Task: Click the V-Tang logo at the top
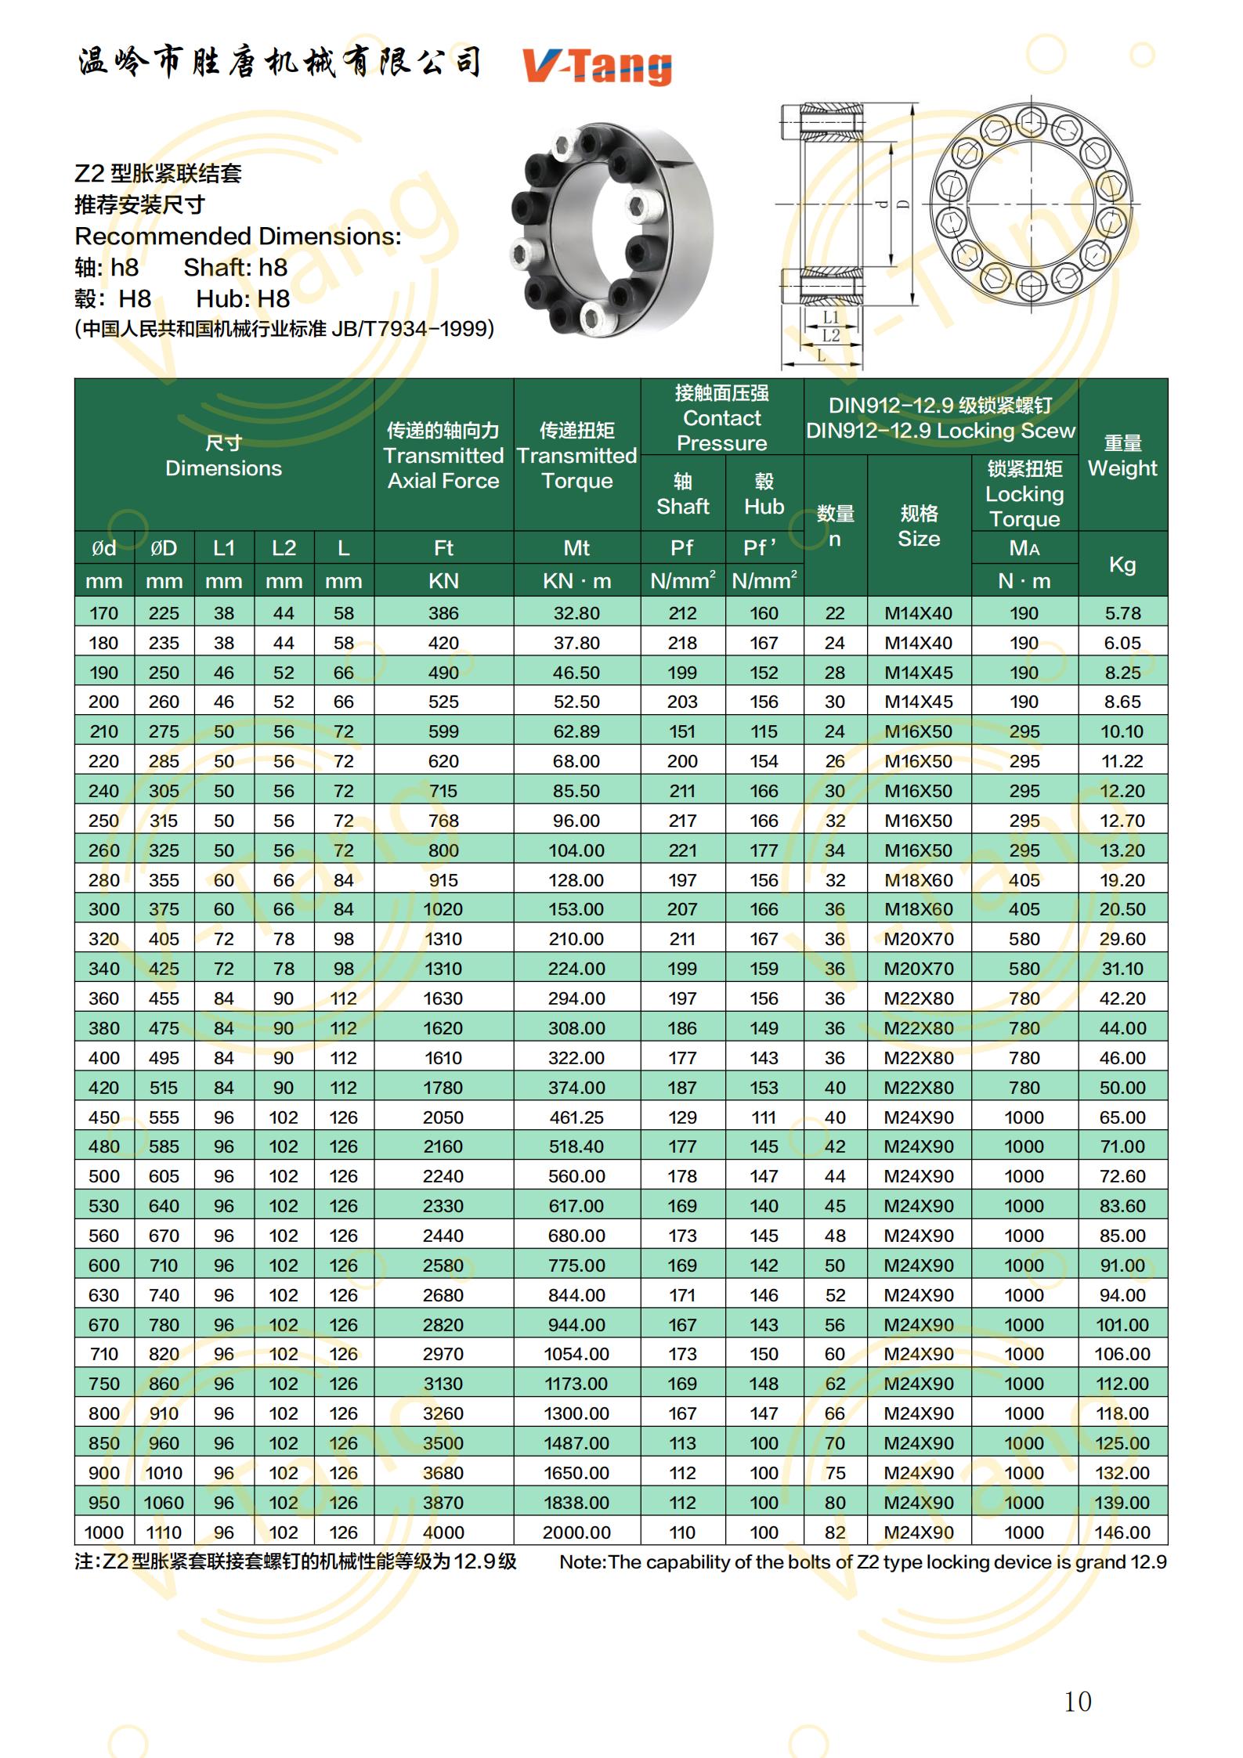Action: pos(597,66)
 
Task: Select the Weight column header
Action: pos(1122,455)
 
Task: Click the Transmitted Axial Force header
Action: pos(443,455)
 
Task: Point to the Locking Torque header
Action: pos(1024,493)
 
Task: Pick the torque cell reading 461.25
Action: pos(576,1117)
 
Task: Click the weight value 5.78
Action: pos(1122,613)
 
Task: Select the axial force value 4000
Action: pos(443,1532)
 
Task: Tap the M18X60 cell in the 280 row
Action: pos(918,880)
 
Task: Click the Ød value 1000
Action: pos(103,1532)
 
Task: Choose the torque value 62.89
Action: pos(576,731)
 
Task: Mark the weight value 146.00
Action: pos(1122,1532)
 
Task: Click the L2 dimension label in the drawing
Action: pos(830,336)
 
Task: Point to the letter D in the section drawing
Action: pos(903,204)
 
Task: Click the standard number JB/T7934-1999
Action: pos(412,329)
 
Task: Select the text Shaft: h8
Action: pos(236,268)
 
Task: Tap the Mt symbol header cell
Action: pos(576,548)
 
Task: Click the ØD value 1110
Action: pos(163,1532)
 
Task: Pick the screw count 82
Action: pos(835,1532)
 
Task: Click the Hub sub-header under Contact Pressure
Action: pos(764,494)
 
